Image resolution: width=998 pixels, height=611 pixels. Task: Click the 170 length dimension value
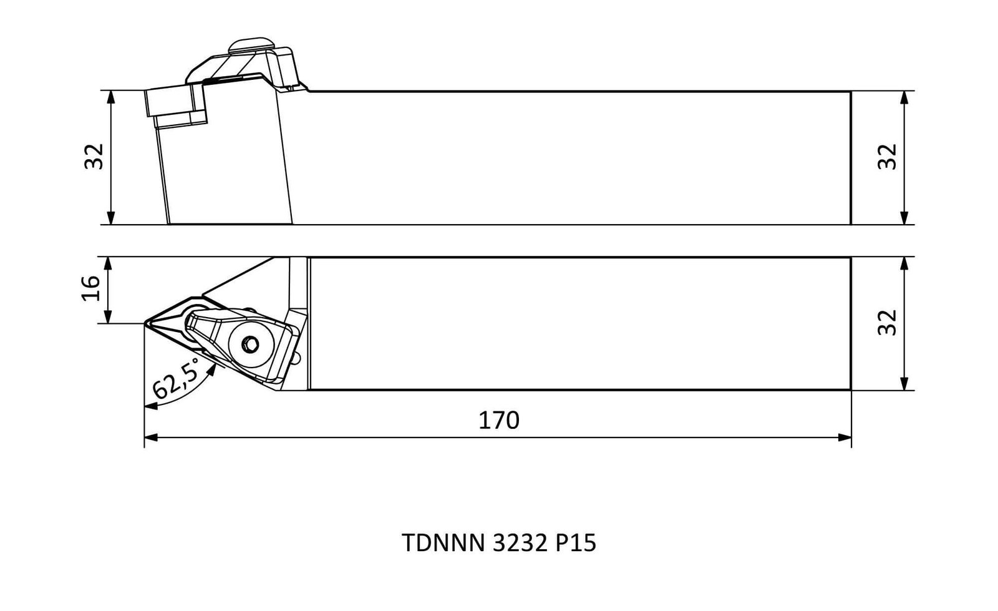(x=498, y=420)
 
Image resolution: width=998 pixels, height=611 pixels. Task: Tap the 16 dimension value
(x=91, y=288)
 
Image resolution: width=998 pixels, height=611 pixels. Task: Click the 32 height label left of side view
(x=94, y=157)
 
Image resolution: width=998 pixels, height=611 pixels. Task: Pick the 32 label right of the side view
(x=887, y=157)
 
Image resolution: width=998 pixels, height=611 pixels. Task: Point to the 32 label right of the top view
(x=887, y=322)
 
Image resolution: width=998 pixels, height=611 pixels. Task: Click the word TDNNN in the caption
(x=443, y=543)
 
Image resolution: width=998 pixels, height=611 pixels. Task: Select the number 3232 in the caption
(x=520, y=543)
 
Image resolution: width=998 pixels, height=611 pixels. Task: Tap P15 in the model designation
(x=576, y=543)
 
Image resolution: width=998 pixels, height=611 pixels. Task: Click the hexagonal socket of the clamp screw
(x=250, y=344)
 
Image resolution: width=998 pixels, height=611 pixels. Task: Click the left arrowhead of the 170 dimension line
(x=151, y=437)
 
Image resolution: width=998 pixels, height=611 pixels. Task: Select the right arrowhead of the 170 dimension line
(x=845, y=437)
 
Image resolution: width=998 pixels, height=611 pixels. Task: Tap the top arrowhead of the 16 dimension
(x=108, y=264)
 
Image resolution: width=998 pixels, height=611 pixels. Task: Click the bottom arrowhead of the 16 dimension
(x=108, y=316)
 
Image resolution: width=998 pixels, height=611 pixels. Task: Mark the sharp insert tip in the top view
(x=144, y=323)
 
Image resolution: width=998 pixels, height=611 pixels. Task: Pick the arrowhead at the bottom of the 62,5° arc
(x=151, y=406)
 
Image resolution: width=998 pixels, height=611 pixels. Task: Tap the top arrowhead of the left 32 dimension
(x=112, y=97)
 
